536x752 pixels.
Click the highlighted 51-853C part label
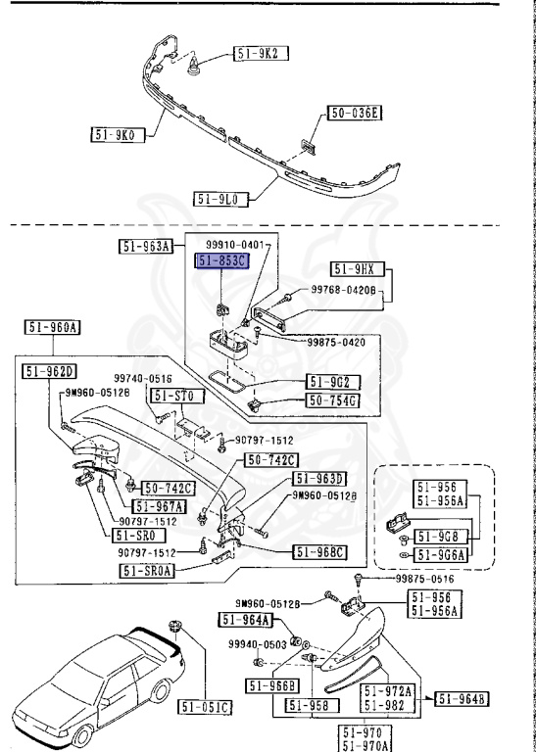point(221,261)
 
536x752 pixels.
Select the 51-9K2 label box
point(261,53)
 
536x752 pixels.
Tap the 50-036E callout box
point(355,113)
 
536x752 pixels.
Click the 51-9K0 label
point(118,135)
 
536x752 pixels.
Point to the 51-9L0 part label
point(221,199)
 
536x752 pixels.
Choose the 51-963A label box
point(145,247)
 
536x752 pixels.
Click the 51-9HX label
point(358,269)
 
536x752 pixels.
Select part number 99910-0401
point(236,245)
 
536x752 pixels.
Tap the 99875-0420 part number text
point(336,342)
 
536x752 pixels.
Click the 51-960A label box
point(52,328)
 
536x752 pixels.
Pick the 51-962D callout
point(49,371)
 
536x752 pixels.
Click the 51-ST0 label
point(178,397)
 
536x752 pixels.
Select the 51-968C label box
point(320,552)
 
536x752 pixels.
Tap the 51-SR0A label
point(147,571)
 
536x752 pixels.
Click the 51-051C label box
point(206,707)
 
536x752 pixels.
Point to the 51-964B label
point(462,699)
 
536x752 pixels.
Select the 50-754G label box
point(333,399)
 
